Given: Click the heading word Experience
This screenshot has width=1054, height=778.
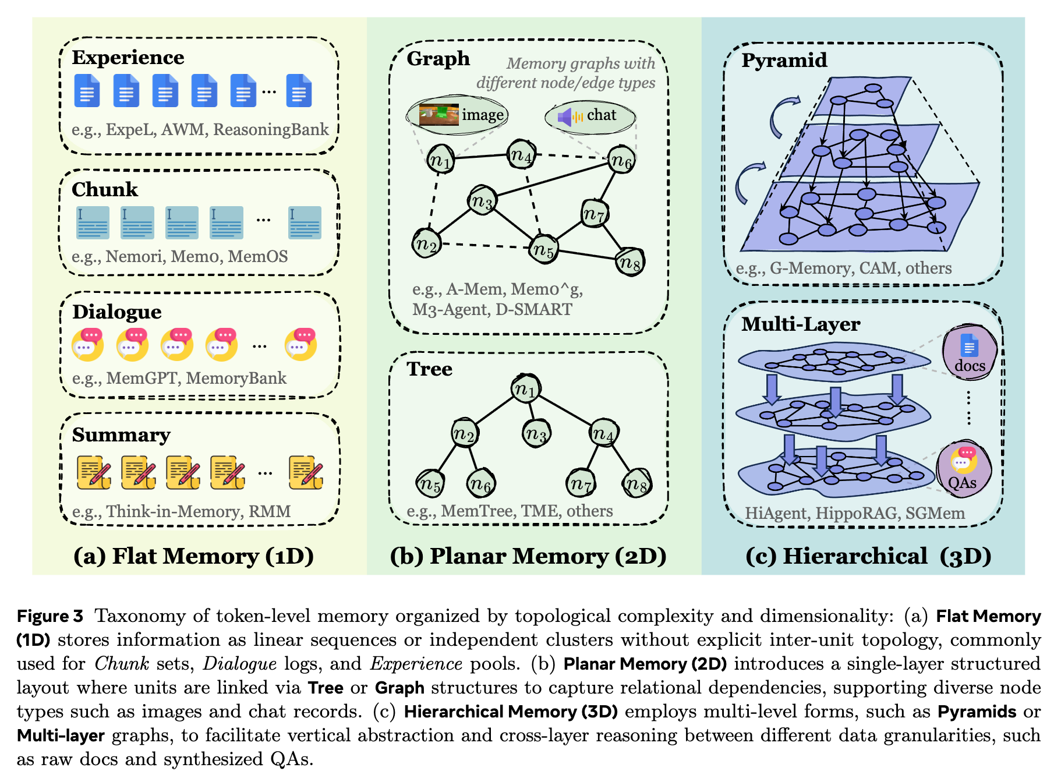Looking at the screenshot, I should click(x=128, y=58).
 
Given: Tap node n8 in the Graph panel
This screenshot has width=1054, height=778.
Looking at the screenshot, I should click(x=630, y=262).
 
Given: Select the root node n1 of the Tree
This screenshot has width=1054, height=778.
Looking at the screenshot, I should click(x=525, y=389).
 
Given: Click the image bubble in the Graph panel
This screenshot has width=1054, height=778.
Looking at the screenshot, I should click(x=458, y=115).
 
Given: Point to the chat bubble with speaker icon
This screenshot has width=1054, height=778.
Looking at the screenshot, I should click(x=589, y=116).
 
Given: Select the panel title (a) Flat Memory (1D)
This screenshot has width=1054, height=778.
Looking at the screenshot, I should click(x=193, y=556).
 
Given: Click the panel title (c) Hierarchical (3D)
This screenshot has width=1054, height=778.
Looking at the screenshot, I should click(x=868, y=556).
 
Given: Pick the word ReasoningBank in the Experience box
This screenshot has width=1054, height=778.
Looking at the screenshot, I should click(x=271, y=129).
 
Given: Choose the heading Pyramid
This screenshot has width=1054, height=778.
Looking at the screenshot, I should click(x=784, y=60).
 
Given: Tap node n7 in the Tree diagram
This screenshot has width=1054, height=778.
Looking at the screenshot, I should click(x=581, y=483).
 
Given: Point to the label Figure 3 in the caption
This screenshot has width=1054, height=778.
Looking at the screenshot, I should click(x=50, y=616).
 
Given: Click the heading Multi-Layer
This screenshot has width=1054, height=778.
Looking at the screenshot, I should click(x=801, y=324).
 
